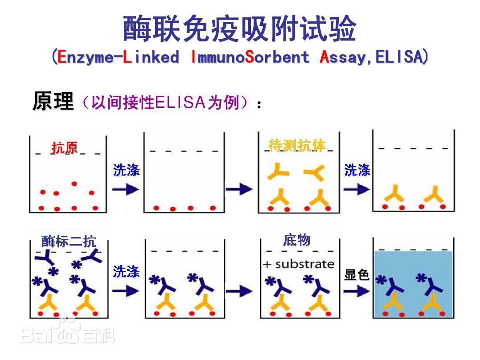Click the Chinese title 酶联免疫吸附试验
coord(239,29)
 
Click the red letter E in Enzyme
coord(62,57)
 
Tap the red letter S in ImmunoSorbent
coord(250,57)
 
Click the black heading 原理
coord(53,101)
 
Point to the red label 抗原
coord(65,148)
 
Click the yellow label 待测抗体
coord(297,145)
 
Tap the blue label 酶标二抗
coord(69,241)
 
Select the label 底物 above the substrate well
coord(297,240)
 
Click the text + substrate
coord(299,264)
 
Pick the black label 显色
coord(357,274)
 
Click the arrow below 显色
coord(357,291)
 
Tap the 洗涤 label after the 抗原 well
coord(126,170)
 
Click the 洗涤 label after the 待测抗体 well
coord(357,170)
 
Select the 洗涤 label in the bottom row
coord(126,271)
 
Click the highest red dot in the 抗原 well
coord(74,184)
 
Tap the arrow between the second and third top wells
coord(239,189)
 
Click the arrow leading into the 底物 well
coord(239,291)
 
